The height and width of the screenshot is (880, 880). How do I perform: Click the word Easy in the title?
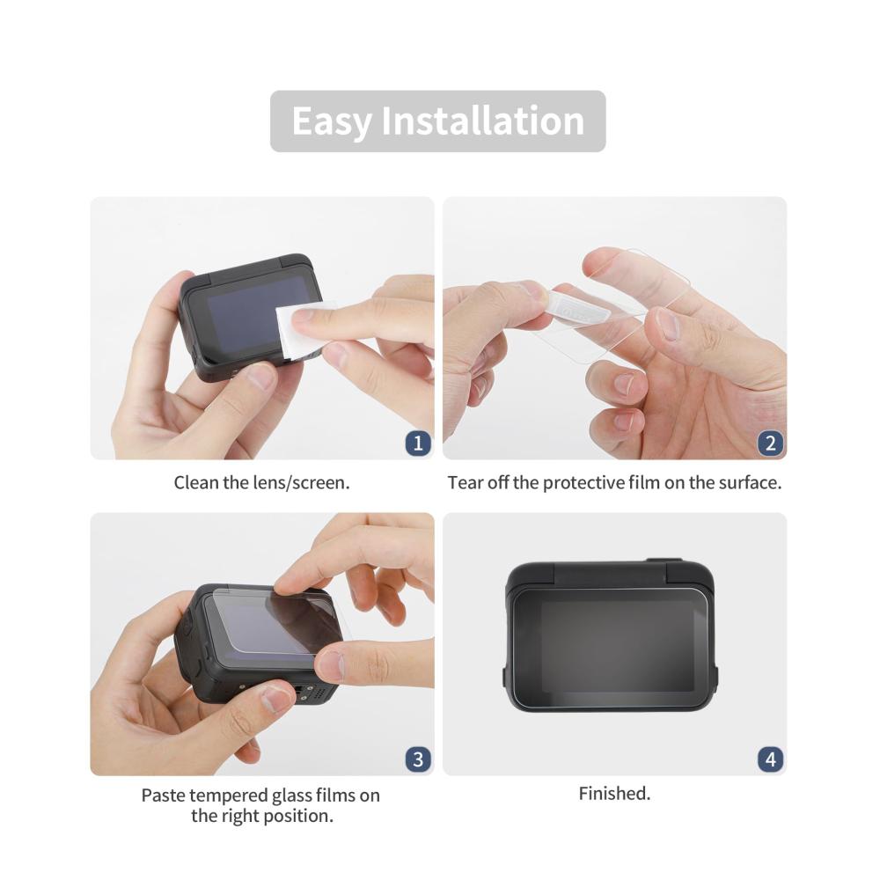click(332, 121)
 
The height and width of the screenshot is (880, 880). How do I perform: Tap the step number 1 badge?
click(418, 444)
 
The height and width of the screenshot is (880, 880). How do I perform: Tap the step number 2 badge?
click(771, 444)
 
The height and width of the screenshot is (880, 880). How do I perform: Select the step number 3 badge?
click(418, 759)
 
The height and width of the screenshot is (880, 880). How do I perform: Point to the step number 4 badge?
click(771, 759)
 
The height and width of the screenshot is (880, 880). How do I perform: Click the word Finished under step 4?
click(614, 794)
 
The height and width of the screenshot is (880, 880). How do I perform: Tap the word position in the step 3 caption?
click(298, 816)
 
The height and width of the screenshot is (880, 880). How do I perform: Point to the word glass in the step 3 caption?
click(292, 796)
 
